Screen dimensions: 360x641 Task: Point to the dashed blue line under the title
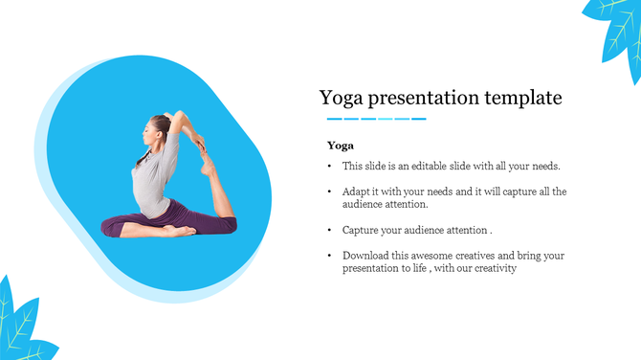pyautogui.click(x=376, y=119)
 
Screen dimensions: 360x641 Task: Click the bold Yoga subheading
pyautogui.click(x=341, y=146)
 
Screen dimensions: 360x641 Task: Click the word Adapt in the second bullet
pyautogui.click(x=357, y=191)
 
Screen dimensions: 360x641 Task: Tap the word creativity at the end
pyautogui.click(x=494, y=269)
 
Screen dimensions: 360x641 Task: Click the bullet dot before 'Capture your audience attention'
pyautogui.click(x=329, y=231)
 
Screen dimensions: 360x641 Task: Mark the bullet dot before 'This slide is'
pyautogui.click(x=329, y=167)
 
